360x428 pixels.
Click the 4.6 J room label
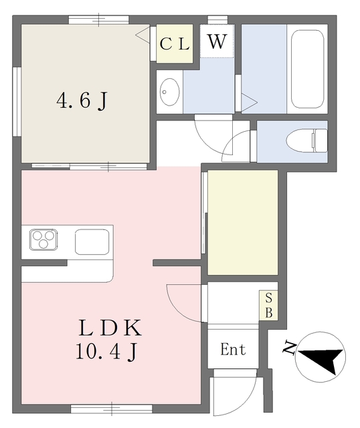82,101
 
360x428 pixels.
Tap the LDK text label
110,328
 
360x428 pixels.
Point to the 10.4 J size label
106,352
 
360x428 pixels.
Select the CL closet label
175,44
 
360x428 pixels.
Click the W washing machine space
217,41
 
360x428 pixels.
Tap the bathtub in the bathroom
307,69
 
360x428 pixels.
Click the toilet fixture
306,141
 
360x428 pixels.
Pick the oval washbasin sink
169,92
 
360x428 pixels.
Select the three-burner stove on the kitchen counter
43,240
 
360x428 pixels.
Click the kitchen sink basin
92,242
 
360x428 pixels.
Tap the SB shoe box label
268,305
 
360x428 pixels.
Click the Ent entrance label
233,349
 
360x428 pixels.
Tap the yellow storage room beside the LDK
243,222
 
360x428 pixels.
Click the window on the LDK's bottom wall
112,409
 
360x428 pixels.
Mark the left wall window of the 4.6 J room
17,102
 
